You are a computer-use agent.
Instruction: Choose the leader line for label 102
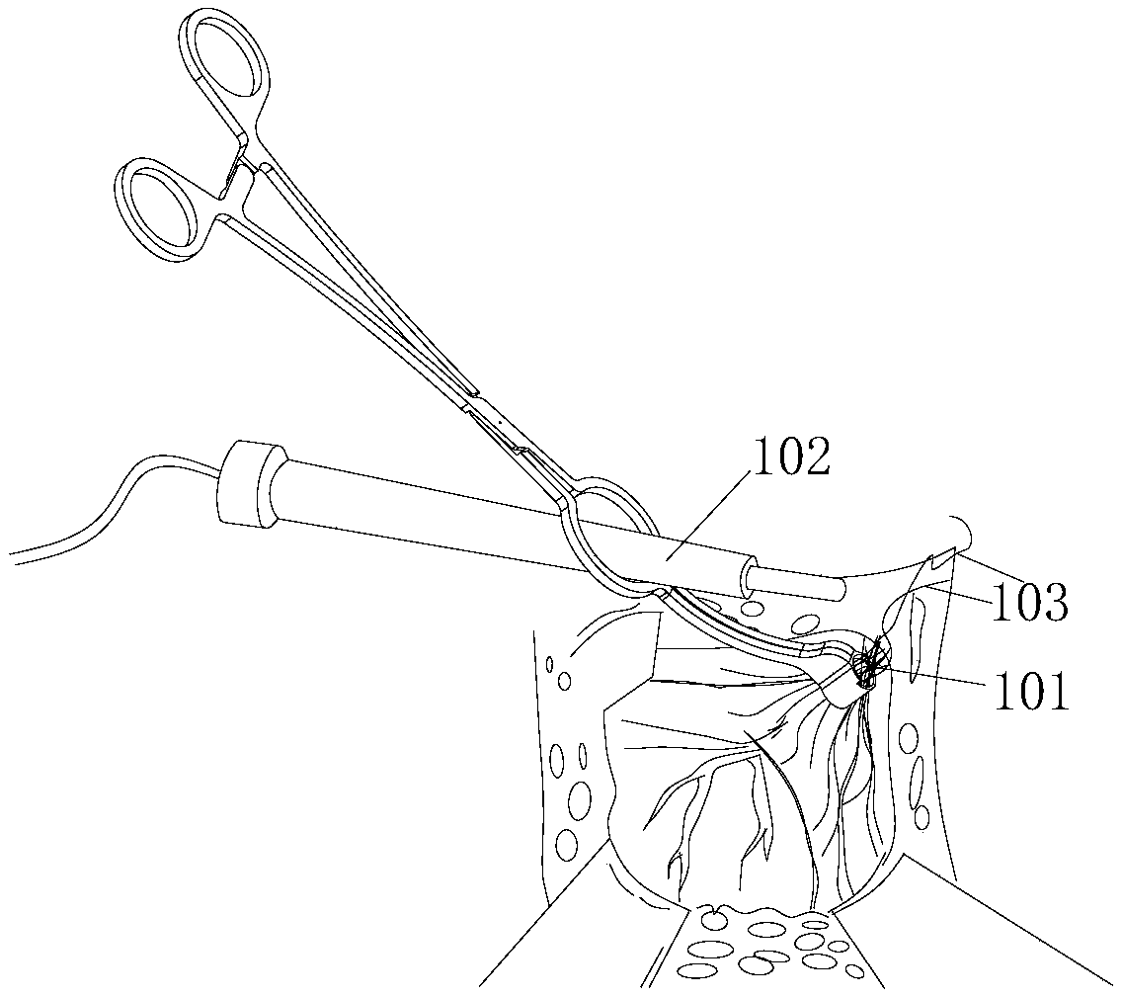(711, 524)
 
